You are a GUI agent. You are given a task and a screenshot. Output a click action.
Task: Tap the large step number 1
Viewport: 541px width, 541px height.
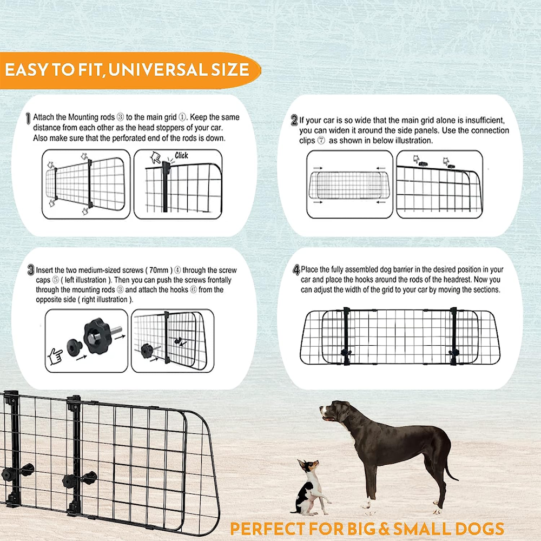(x=28, y=118)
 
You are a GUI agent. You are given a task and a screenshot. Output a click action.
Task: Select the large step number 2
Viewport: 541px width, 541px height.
(x=294, y=120)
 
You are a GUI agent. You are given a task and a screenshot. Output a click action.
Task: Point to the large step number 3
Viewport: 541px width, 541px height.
(x=31, y=270)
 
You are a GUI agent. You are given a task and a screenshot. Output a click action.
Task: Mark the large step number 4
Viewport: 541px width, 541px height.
(x=296, y=269)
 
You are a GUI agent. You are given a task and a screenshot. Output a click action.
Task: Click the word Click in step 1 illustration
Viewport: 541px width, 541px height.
(x=181, y=156)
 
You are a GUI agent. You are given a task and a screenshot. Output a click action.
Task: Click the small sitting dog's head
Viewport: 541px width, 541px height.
(x=308, y=466)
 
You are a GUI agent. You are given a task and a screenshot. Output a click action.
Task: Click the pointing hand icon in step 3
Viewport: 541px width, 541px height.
(x=55, y=357)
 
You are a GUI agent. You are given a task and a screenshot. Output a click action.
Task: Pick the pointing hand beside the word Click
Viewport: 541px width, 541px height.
(x=156, y=157)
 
